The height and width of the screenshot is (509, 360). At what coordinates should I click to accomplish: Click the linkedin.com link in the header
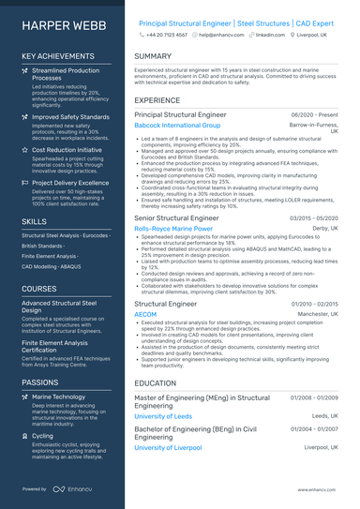coord(270,34)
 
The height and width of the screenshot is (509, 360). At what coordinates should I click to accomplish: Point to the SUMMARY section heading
coord(153,56)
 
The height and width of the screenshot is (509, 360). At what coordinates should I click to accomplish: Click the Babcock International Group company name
coord(177,125)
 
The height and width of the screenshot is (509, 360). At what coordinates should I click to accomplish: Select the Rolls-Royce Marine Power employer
coord(173,228)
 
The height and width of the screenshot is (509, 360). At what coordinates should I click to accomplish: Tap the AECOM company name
coord(147,315)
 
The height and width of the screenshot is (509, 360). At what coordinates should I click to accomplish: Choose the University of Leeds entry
coord(163,415)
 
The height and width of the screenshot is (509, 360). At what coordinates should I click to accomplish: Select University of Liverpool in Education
coord(168,447)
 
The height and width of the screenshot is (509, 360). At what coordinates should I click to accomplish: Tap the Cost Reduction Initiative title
coord(67,149)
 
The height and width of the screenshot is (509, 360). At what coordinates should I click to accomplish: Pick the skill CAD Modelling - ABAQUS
coord(51,266)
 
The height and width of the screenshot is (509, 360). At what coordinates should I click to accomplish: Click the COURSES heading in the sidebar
coord(39,289)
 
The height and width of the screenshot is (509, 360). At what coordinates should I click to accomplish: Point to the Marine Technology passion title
coord(58,397)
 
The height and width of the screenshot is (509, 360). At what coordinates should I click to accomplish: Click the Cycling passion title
coord(42,436)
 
